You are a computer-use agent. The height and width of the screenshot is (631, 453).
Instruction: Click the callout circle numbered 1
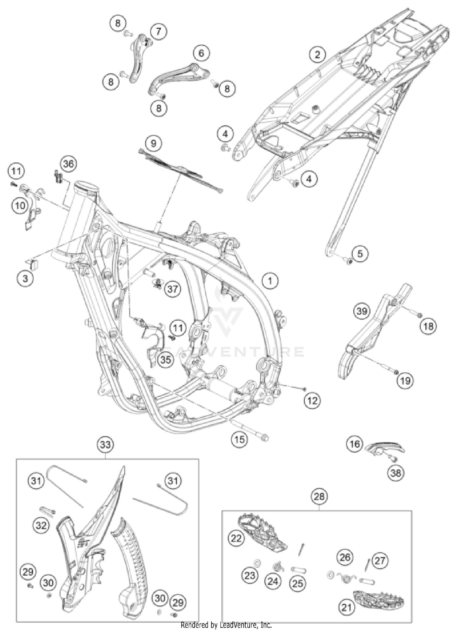pyautogui.click(x=270, y=281)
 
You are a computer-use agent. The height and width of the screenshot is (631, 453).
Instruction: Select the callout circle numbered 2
pyautogui.click(x=317, y=55)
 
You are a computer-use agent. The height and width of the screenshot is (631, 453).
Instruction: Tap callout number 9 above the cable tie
pyautogui.click(x=153, y=143)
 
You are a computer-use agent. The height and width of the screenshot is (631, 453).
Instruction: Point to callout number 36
pyautogui.click(x=69, y=164)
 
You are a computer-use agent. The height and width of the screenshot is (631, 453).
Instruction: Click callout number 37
pyautogui.click(x=172, y=289)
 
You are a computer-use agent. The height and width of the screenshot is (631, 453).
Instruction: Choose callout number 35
pyautogui.click(x=165, y=360)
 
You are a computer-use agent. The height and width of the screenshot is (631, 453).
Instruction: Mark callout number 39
pyautogui.click(x=361, y=311)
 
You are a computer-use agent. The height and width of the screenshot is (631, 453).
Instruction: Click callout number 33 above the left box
pyautogui.click(x=105, y=445)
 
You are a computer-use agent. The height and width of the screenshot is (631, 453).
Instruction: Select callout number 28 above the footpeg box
pyautogui.click(x=319, y=496)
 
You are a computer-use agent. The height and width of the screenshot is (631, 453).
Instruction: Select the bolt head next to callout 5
pyautogui.click(x=349, y=261)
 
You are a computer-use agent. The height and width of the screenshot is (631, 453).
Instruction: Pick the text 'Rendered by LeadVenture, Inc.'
pyautogui.click(x=226, y=625)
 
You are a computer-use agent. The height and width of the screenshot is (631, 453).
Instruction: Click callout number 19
pyautogui.click(x=405, y=380)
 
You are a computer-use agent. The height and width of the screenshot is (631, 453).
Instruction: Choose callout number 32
pyautogui.click(x=41, y=526)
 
